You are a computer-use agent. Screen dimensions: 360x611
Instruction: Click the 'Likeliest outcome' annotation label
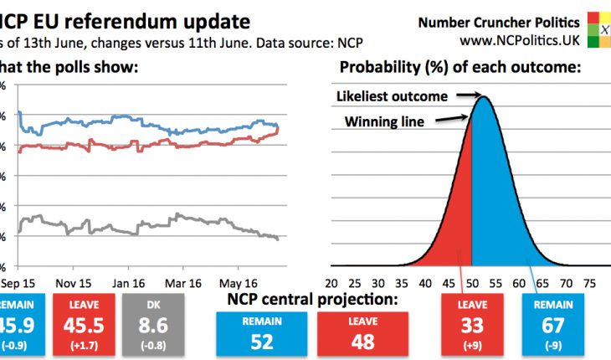[392, 97]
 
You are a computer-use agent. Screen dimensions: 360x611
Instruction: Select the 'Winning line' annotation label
[384, 122]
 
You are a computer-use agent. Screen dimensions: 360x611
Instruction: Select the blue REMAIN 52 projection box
[263, 328]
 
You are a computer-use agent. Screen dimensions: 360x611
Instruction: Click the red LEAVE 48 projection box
[362, 328]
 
